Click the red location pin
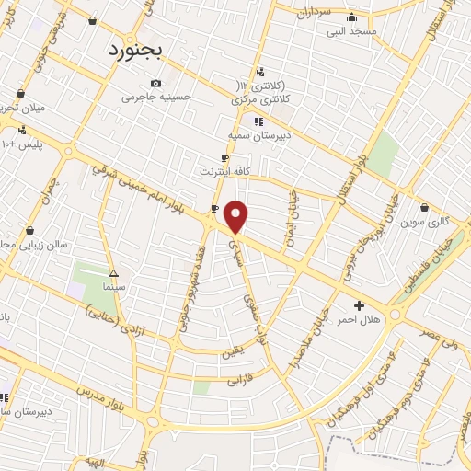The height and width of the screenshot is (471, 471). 236,216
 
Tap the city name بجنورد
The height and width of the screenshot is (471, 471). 133,50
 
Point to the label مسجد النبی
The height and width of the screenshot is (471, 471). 350,30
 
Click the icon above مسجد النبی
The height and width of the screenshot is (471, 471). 350,17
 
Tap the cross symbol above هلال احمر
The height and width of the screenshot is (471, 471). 359,305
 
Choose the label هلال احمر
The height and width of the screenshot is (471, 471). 360,319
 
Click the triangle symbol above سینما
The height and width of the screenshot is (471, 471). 113,273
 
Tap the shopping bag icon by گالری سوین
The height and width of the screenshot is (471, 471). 424,207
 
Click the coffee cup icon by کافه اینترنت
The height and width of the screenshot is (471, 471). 214,209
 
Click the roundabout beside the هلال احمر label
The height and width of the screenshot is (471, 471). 396,315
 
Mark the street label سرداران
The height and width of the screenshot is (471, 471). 314,13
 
